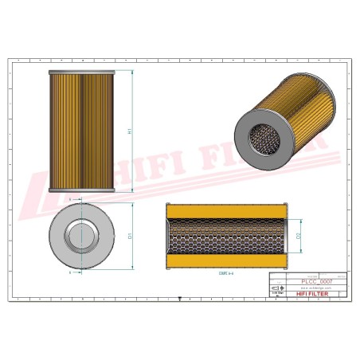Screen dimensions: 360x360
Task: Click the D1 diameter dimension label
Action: (130, 235)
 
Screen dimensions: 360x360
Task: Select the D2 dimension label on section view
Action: (299, 236)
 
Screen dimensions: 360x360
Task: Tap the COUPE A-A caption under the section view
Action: (225, 272)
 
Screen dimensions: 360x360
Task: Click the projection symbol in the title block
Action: (279, 294)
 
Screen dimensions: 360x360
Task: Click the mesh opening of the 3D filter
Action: (261, 140)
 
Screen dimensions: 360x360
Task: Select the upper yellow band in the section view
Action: (225, 212)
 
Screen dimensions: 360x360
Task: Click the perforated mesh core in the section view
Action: (225, 236)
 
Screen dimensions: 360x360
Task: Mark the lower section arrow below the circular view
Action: (71, 272)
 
